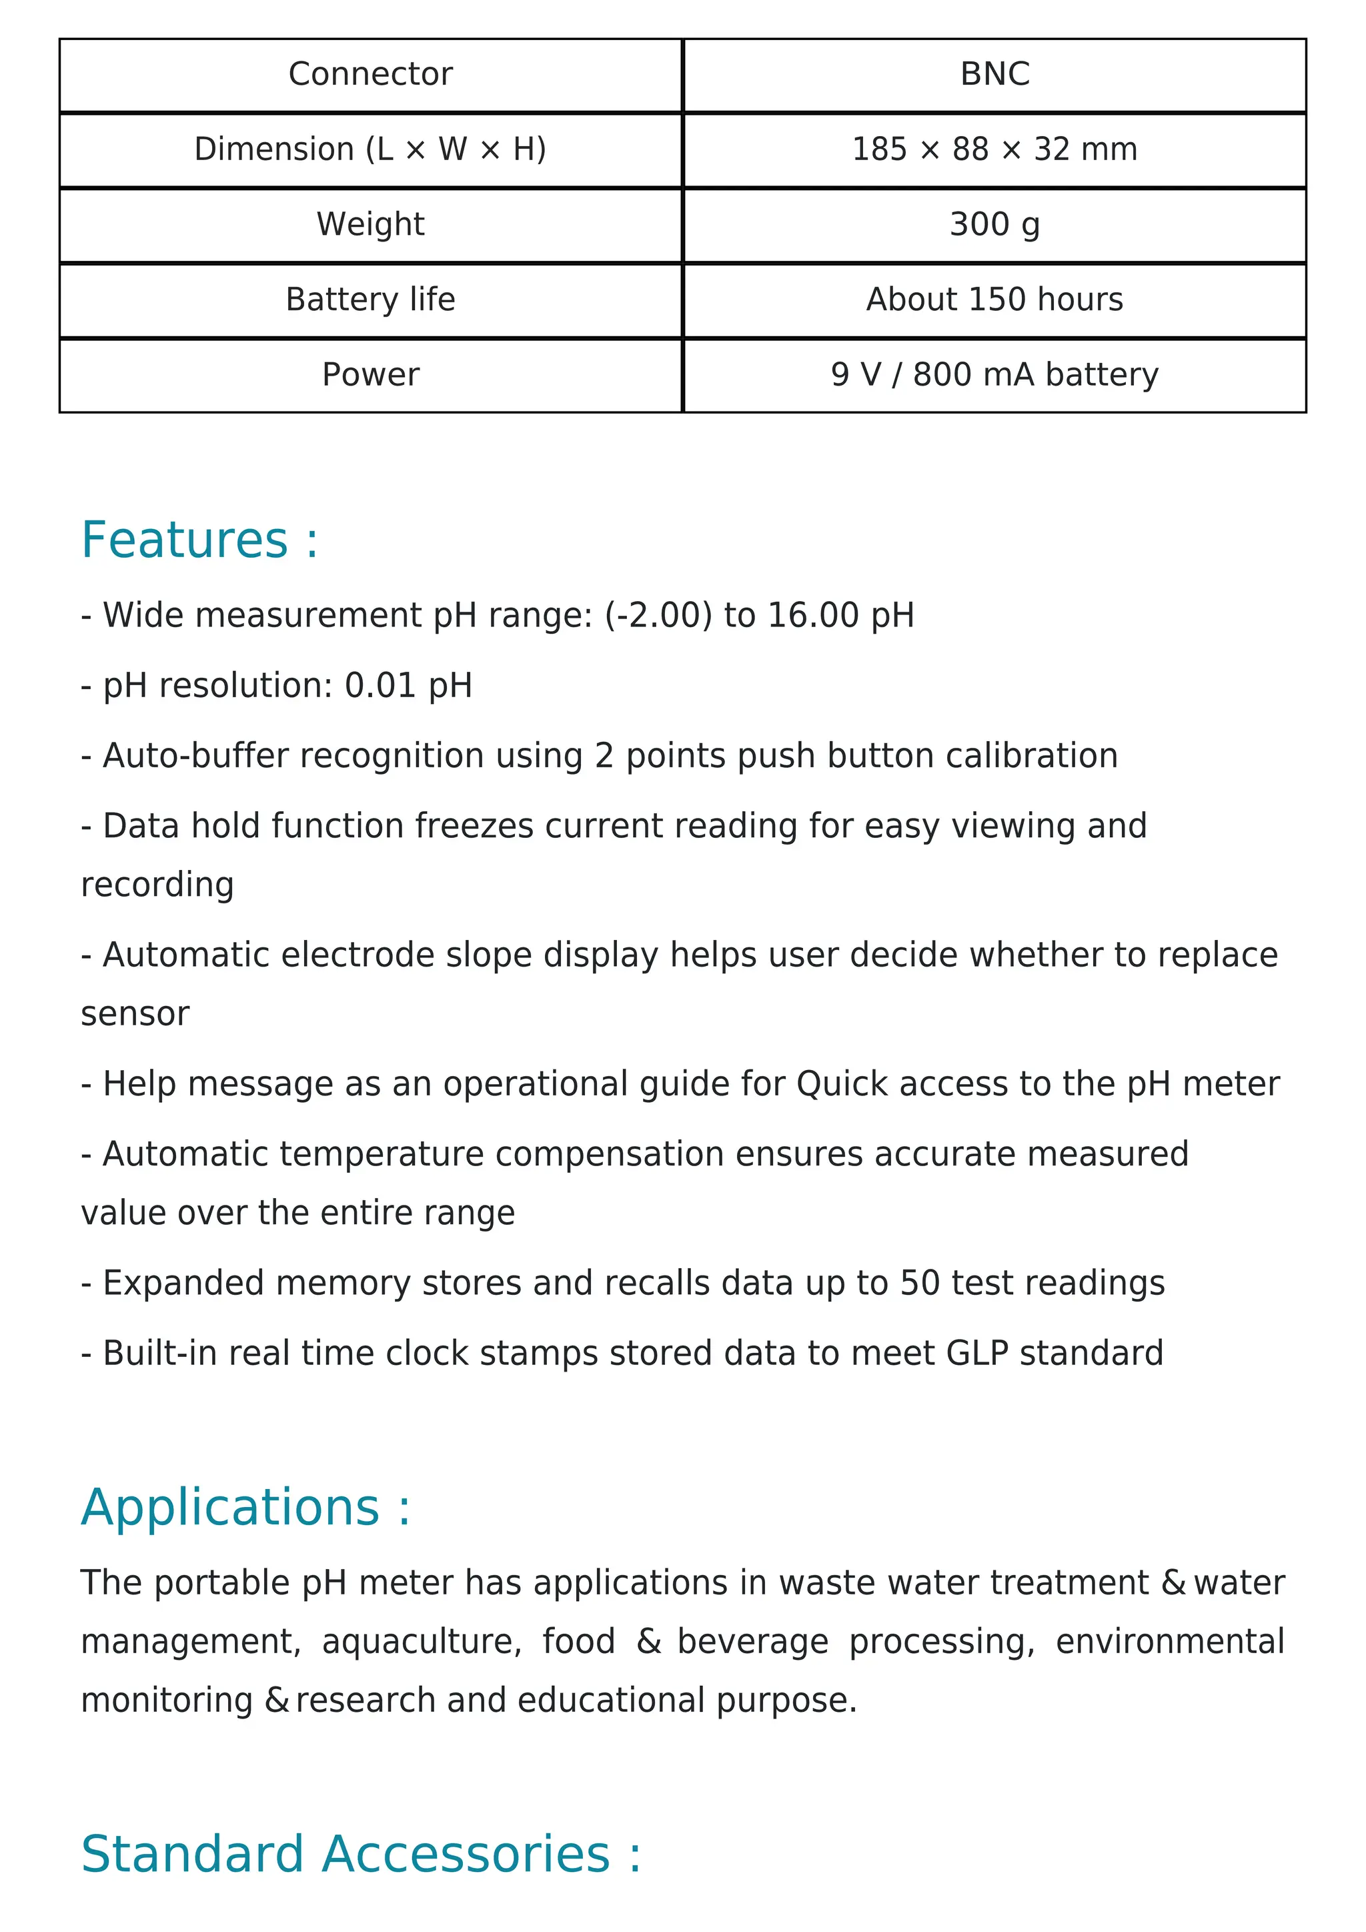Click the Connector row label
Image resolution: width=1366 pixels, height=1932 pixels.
coord(370,74)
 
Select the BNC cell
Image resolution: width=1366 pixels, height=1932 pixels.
coord(994,74)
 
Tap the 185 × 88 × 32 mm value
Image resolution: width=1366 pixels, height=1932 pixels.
coord(994,149)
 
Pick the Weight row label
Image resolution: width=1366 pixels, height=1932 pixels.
coord(370,224)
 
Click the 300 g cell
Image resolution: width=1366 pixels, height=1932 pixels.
coord(994,224)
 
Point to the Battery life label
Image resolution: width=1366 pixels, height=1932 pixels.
coord(370,299)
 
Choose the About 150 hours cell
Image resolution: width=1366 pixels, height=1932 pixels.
coord(994,299)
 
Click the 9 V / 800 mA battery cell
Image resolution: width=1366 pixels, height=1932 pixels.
coord(994,374)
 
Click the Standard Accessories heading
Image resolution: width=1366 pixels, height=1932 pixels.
coord(361,1854)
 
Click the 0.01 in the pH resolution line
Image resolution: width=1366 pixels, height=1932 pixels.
coord(380,685)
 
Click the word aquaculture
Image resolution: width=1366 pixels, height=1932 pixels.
coord(422,1641)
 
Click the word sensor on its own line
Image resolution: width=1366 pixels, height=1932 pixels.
coord(135,1014)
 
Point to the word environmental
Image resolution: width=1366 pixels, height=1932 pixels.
coord(1170,1641)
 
